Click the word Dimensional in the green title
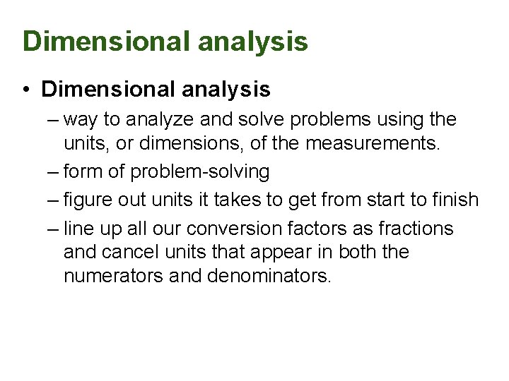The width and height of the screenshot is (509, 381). click(x=107, y=41)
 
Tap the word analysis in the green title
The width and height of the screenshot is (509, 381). click(x=253, y=41)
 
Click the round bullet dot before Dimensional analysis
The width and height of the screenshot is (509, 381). click(x=25, y=90)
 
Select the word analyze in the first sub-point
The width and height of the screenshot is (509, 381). click(x=164, y=120)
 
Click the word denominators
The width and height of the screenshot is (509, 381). click(x=269, y=276)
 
